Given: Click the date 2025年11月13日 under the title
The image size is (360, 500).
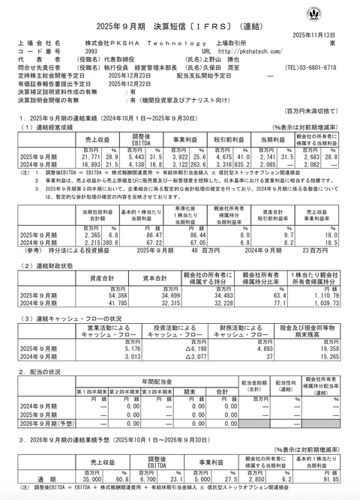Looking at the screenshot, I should [x=323, y=35].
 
